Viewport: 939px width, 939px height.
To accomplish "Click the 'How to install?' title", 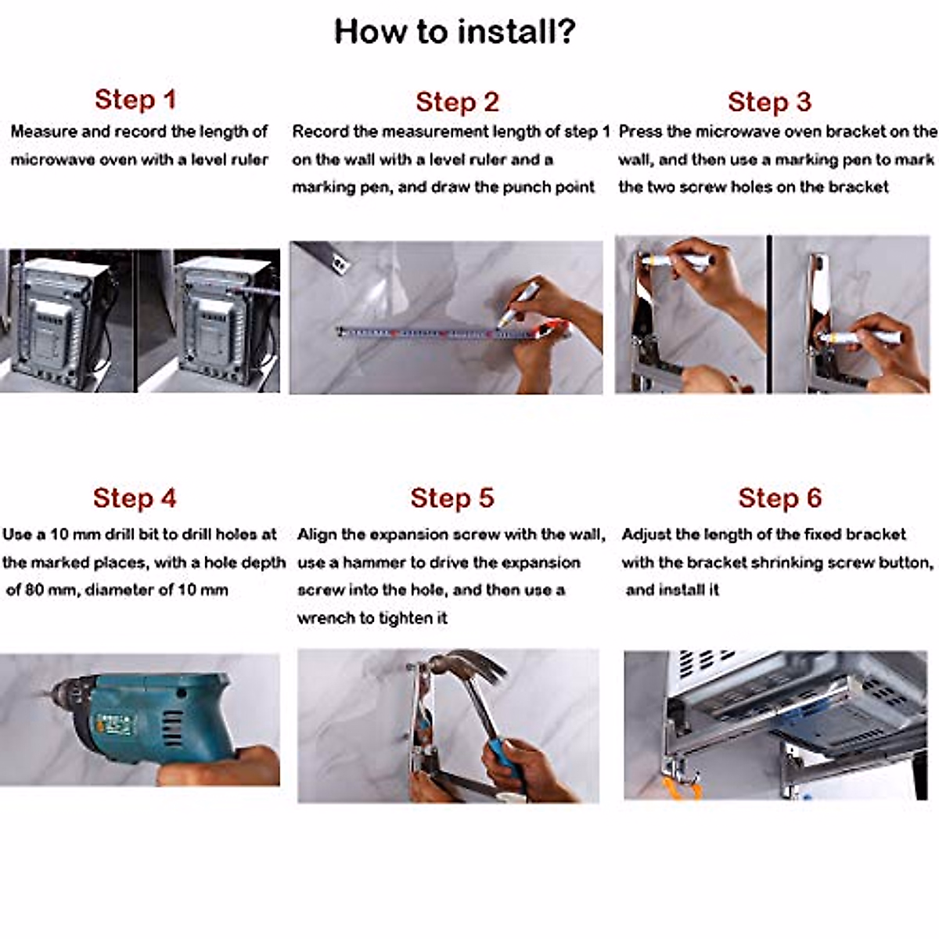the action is (455, 31).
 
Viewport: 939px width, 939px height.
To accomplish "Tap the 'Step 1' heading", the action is (135, 99).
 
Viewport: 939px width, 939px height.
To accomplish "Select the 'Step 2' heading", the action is (458, 103).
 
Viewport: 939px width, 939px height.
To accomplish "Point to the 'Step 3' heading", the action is (769, 103).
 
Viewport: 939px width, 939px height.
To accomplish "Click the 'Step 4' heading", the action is (135, 498).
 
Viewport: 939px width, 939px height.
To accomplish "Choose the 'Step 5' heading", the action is (452, 498).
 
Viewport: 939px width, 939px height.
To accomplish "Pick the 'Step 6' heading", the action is (779, 498).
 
